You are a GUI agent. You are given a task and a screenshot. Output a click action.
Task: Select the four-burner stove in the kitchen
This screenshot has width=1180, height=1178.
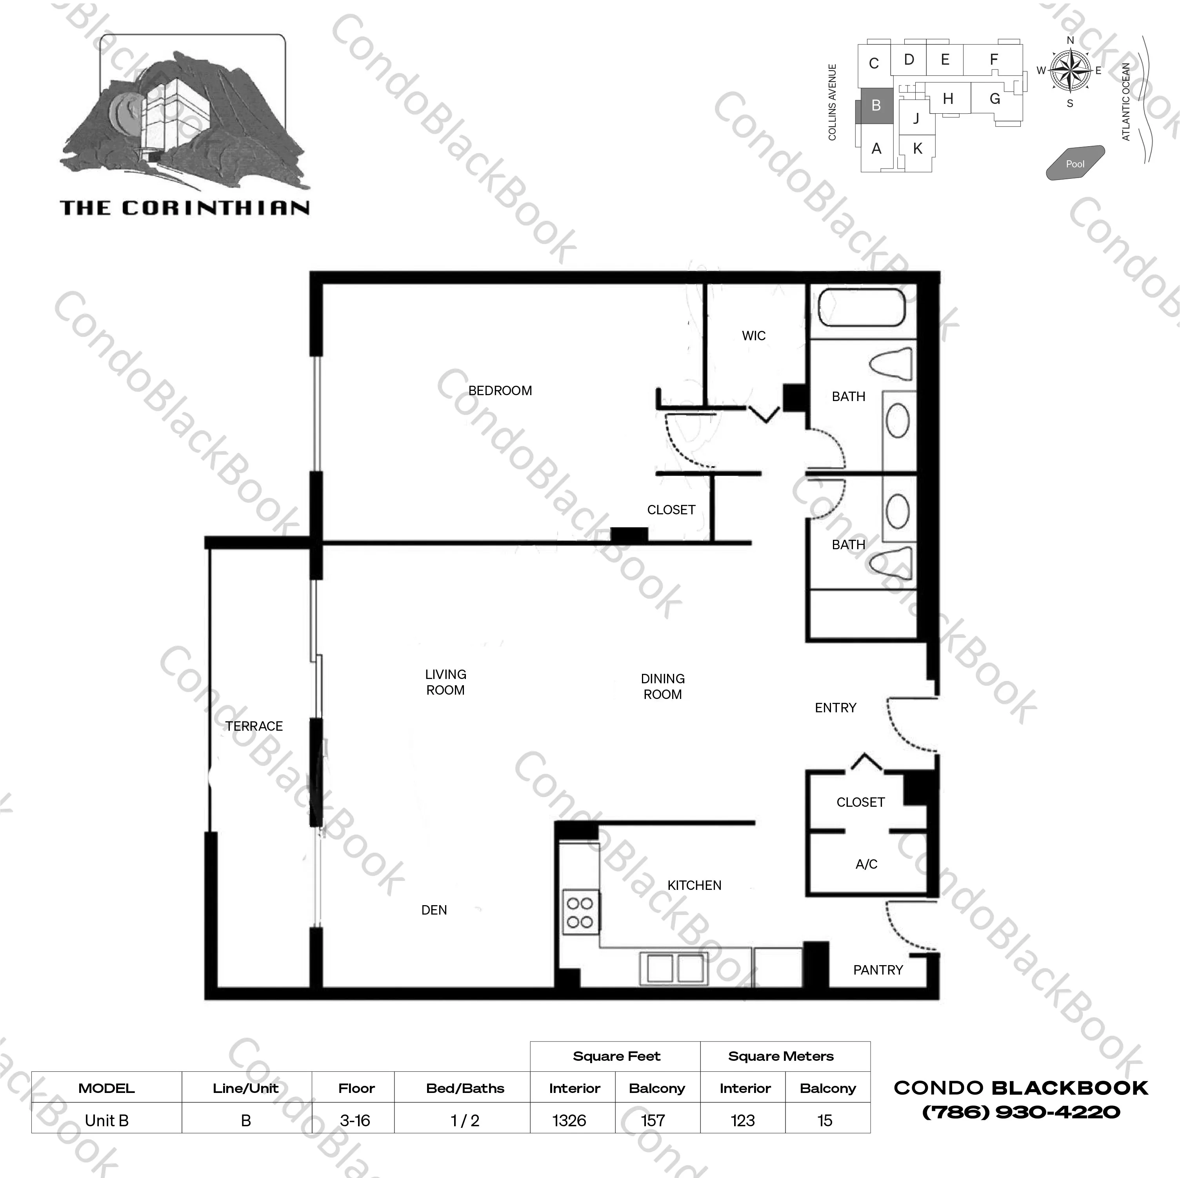[580, 912]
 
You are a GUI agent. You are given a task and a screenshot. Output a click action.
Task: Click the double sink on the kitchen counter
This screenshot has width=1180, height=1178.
[674, 968]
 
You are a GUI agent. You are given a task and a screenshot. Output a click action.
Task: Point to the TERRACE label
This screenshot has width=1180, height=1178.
[254, 726]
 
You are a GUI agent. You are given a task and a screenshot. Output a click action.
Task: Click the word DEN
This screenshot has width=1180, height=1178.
[434, 910]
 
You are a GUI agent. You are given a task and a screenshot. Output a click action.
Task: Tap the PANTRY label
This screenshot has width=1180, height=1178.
[878, 970]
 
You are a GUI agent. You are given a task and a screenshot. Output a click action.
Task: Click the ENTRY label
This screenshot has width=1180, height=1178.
[836, 708]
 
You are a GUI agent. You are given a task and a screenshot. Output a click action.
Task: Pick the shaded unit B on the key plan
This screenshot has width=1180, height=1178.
[876, 105]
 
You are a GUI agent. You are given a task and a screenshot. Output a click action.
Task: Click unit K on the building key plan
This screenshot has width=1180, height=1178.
[917, 149]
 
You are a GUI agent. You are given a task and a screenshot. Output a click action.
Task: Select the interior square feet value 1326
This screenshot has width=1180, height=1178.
[569, 1121]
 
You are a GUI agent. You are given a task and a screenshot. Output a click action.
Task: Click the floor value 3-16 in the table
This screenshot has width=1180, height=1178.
[355, 1121]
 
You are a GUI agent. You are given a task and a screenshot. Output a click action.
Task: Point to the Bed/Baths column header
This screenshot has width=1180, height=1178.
[465, 1088]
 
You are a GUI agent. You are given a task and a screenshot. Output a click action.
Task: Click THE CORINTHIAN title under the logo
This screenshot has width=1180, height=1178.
[185, 208]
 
